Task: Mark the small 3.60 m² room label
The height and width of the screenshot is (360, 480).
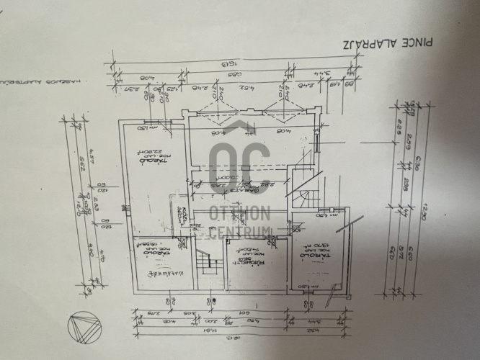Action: click(x=185, y=216)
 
